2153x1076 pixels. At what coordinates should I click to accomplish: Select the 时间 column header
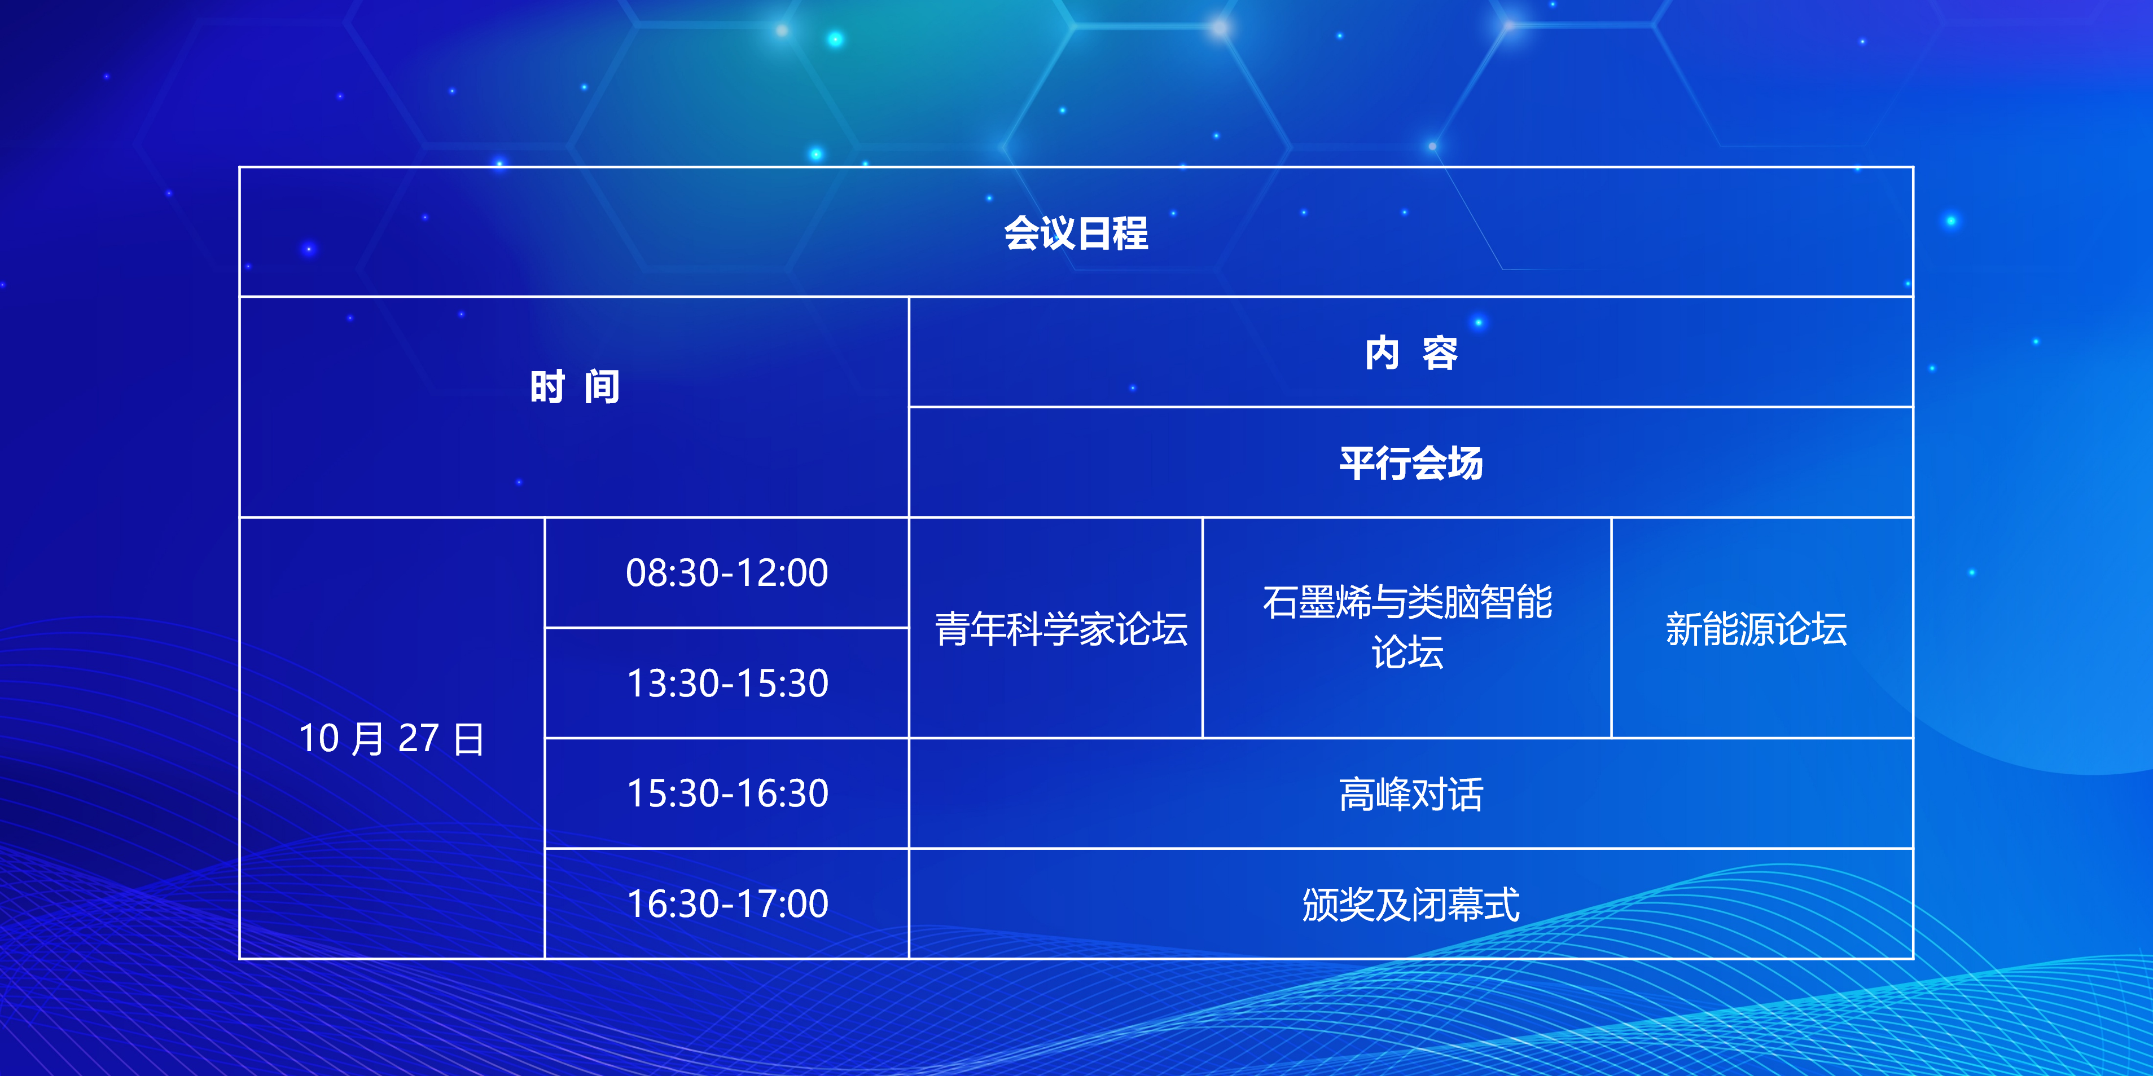575,387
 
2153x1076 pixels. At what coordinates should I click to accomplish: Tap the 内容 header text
1411,352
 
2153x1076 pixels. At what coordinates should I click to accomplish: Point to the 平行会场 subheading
1411,463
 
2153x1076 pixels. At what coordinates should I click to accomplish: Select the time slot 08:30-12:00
727,573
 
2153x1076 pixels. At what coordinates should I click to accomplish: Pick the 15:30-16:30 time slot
727,793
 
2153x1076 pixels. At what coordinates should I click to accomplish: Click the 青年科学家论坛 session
1060,628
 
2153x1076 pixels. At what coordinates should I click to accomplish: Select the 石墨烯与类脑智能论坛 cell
1407,627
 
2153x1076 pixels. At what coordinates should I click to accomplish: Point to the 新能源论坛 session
1756,628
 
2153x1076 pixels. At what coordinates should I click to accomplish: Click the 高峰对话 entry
1411,793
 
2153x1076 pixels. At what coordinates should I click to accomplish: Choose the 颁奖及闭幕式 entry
1411,904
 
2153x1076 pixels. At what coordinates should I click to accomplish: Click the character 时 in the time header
547,387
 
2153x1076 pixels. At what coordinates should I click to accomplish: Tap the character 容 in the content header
1440,352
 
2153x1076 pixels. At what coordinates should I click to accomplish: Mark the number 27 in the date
418,739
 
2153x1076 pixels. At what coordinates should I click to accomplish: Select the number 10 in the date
318,739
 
